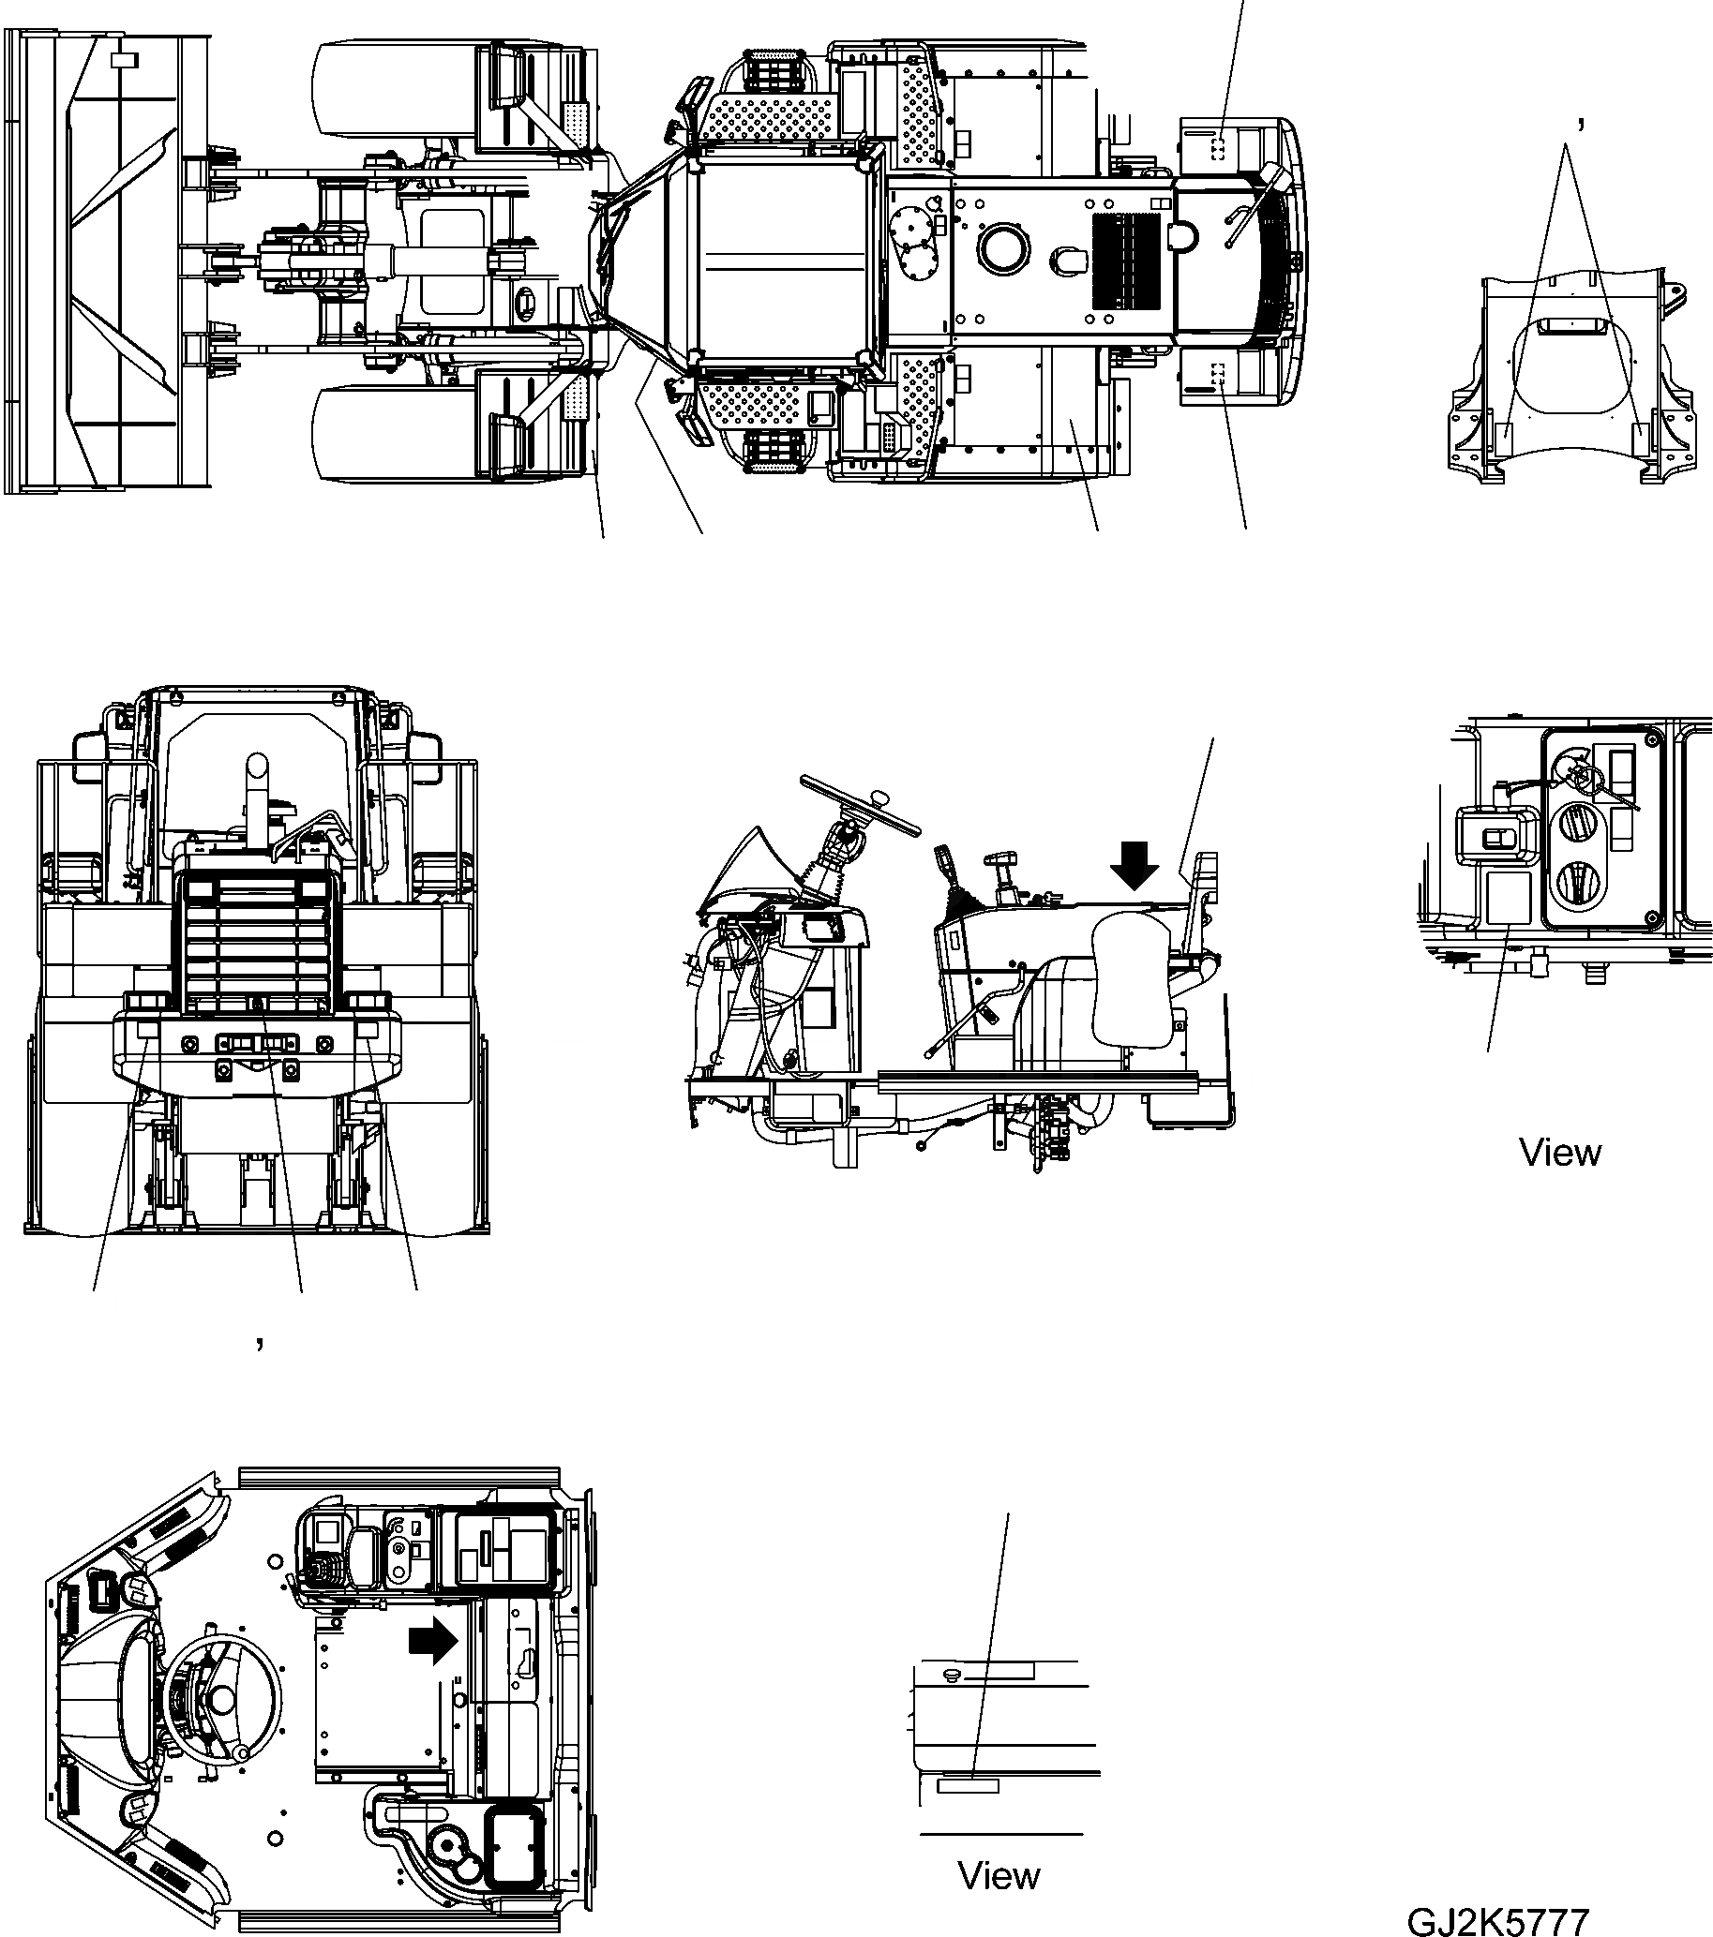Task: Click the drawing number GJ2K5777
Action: tap(1496, 1920)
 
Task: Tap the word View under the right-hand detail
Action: tap(1559, 1153)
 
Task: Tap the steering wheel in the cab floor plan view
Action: tap(223, 1702)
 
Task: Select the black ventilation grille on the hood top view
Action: tap(1126, 259)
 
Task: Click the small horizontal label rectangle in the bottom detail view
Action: tap(968, 1786)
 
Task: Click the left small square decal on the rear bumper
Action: tap(146, 1030)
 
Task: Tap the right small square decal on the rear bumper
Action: tap(368, 1030)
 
